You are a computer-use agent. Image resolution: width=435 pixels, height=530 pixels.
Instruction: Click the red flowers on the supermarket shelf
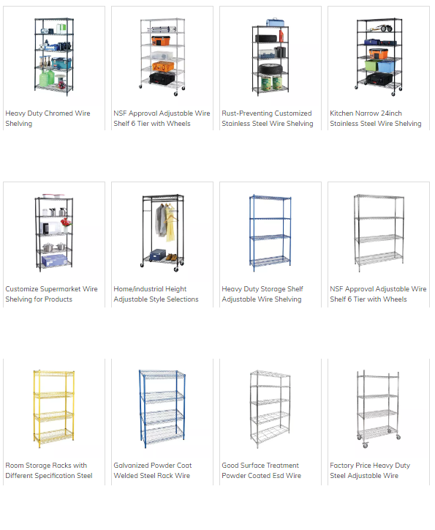[x=66, y=223]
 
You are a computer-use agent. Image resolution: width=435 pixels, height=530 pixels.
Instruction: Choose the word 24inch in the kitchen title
[x=391, y=113]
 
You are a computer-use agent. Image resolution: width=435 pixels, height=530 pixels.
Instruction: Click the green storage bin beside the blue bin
[x=371, y=65]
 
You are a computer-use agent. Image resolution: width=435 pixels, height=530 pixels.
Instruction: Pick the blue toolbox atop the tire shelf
[x=275, y=22]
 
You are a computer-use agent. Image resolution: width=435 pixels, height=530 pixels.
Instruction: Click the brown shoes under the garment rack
[x=172, y=257]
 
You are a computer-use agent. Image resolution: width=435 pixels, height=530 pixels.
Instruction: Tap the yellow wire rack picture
[x=53, y=409]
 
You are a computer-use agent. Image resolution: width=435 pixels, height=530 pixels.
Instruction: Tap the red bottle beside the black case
[x=281, y=35]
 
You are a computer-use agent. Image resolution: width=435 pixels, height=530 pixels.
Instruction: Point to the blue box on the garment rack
[x=157, y=255]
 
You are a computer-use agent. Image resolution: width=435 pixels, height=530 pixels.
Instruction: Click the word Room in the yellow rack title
[x=14, y=466]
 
